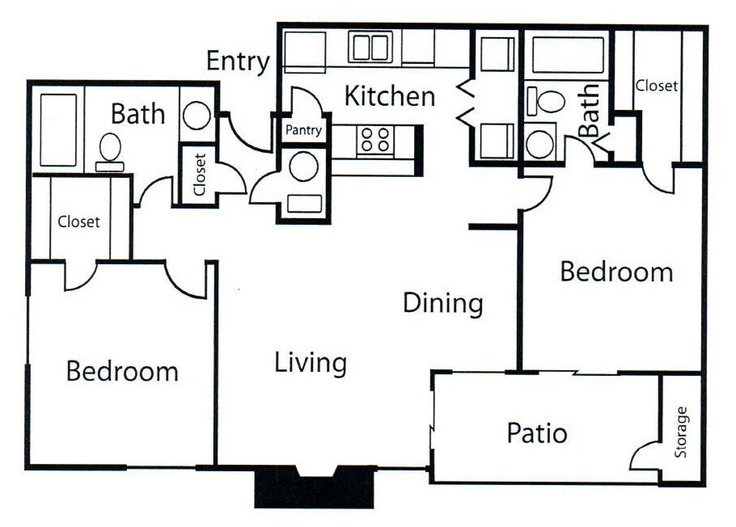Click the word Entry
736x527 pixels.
pyautogui.click(x=238, y=62)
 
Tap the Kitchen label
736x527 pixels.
pyautogui.click(x=390, y=96)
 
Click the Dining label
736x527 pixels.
pyautogui.click(x=443, y=304)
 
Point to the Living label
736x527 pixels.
pyautogui.click(x=311, y=363)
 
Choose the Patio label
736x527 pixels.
pyautogui.click(x=537, y=433)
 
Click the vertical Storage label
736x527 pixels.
pyautogui.click(x=682, y=432)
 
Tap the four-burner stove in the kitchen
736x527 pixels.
pyautogui.click(x=374, y=141)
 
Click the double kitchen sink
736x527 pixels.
pyautogui.click(x=370, y=47)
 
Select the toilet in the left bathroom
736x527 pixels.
pyautogui.click(x=110, y=151)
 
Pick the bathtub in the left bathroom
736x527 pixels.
pyautogui.click(x=57, y=130)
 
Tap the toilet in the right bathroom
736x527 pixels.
pyautogui.click(x=548, y=102)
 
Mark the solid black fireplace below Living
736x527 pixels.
pyautogui.click(x=315, y=490)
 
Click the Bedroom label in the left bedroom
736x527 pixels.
pyautogui.click(x=122, y=372)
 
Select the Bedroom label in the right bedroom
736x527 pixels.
pyautogui.click(x=616, y=272)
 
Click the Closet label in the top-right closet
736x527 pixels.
pyautogui.click(x=656, y=85)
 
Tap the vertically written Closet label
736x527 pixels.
pyautogui.click(x=200, y=175)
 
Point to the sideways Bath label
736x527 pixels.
pyautogui.click(x=590, y=110)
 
